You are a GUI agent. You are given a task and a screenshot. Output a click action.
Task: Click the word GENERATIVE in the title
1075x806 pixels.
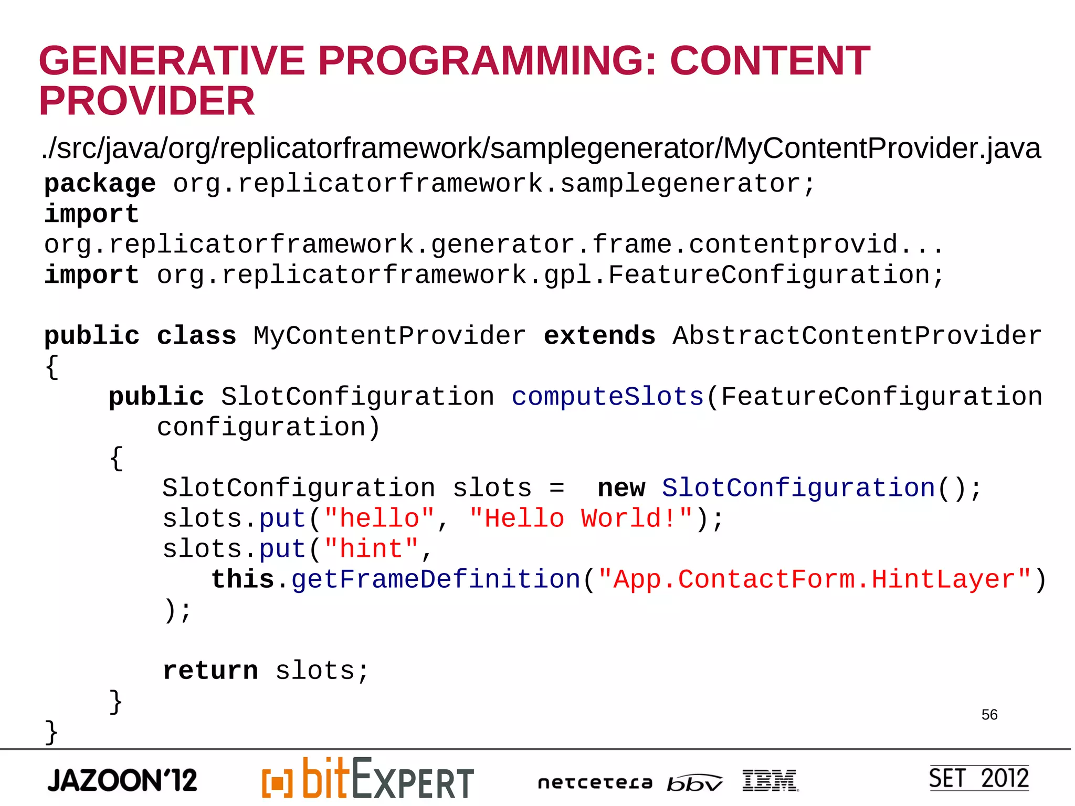point(172,61)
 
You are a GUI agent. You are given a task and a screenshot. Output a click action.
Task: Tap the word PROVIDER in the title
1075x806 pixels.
point(147,101)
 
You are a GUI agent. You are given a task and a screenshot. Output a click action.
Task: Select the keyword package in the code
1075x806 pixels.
point(100,184)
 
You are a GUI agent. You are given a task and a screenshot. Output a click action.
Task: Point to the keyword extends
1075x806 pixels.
point(599,336)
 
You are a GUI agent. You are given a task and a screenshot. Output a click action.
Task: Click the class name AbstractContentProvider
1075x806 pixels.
point(857,336)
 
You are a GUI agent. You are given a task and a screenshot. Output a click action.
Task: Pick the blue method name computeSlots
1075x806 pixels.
point(607,397)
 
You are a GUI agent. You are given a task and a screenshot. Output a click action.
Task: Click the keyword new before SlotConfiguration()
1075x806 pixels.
point(621,488)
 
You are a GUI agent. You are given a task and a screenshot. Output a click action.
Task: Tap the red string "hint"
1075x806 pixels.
point(371,549)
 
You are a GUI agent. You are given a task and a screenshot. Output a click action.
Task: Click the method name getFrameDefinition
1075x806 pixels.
point(436,579)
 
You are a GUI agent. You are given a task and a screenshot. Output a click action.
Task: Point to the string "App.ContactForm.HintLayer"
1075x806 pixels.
point(814,579)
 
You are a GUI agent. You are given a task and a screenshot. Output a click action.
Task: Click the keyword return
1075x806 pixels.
point(210,671)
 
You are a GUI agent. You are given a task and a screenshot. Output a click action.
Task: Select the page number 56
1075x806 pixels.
point(989,715)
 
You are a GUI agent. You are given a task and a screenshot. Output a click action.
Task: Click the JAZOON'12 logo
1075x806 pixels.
point(122,780)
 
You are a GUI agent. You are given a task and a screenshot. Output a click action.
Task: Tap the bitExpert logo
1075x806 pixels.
point(368,779)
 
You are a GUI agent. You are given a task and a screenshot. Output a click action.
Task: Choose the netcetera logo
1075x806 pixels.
point(595,783)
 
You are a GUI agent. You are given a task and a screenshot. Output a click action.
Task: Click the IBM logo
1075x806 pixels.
point(770,780)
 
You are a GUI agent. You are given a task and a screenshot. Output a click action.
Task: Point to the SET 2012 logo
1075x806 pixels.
point(978,778)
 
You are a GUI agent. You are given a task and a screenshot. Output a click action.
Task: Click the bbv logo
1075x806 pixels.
point(694,783)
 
